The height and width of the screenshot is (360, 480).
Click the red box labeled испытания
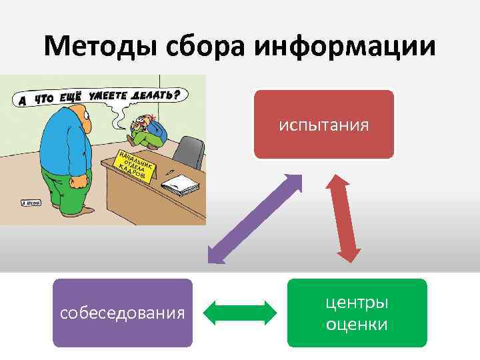click(x=324, y=125)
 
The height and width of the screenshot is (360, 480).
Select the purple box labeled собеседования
click(x=123, y=313)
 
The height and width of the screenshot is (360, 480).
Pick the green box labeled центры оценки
click(x=357, y=313)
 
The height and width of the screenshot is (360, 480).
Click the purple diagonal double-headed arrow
click(x=255, y=219)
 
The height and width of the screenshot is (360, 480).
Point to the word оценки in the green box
click(x=357, y=325)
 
